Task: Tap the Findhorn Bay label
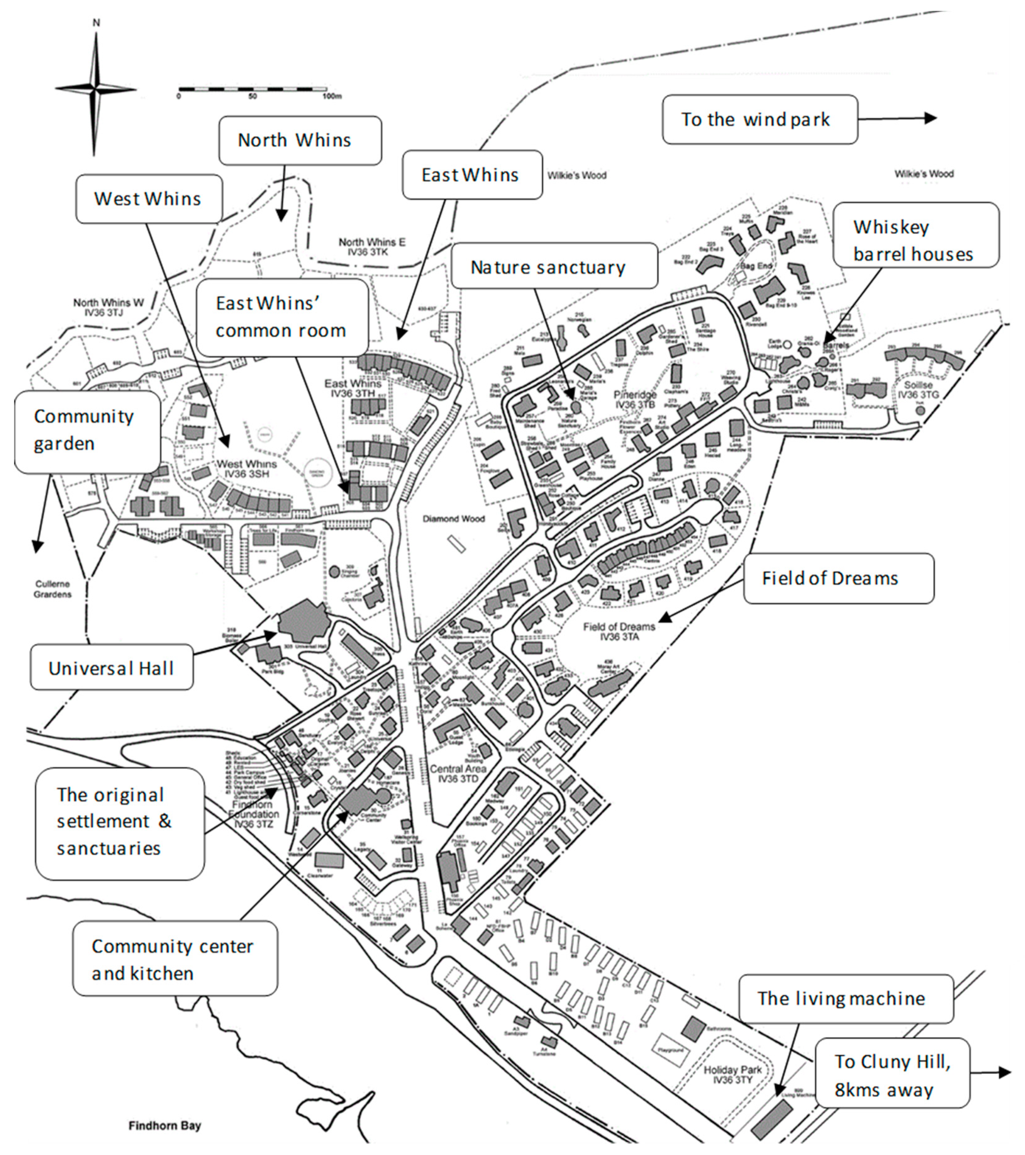(x=164, y=1125)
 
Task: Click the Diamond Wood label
(x=453, y=518)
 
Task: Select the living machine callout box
(x=845, y=998)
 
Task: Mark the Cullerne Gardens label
(x=52, y=589)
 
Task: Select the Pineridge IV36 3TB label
(x=635, y=400)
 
